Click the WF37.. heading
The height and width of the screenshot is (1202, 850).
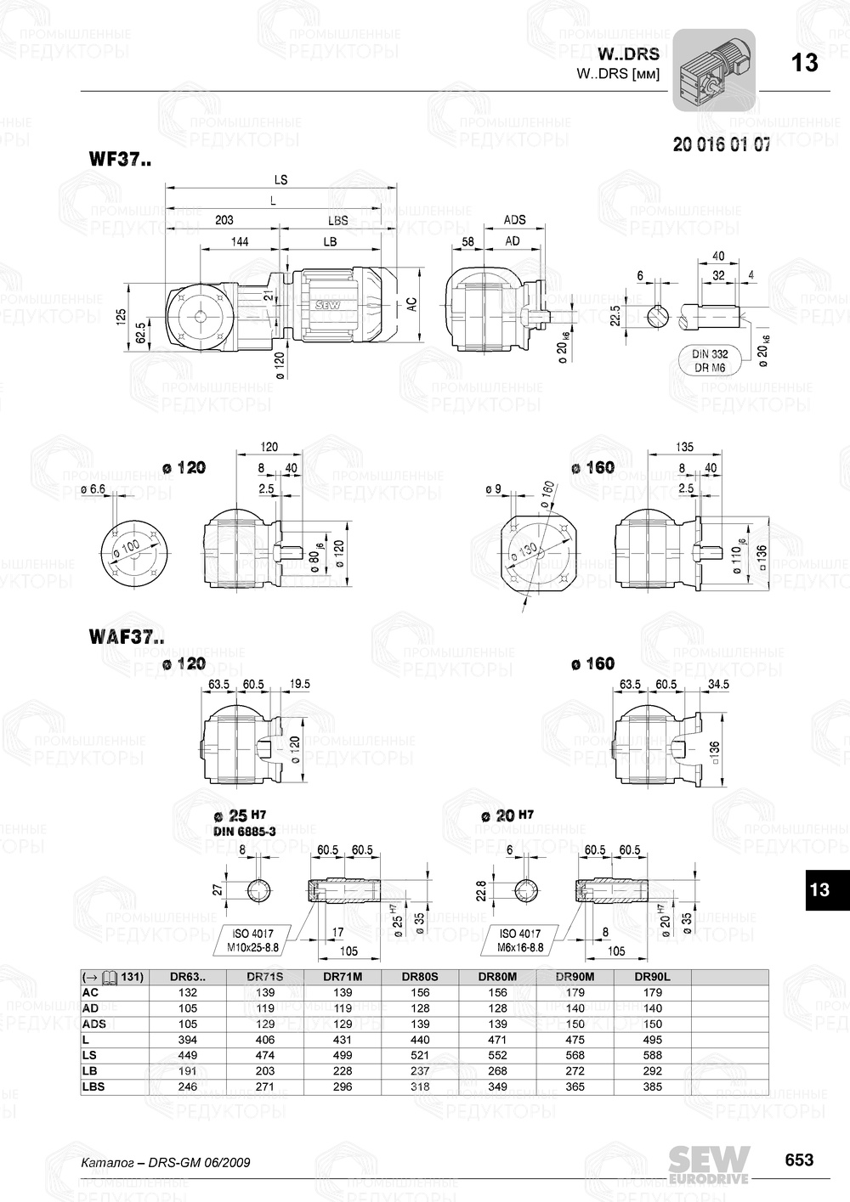(x=120, y=159)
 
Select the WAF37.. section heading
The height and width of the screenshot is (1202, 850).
(x=127, y=636)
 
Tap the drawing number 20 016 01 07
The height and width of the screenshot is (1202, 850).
(x=722, y=144)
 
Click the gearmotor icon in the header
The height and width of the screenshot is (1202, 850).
(x=714, y=70)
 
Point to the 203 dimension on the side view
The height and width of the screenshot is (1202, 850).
(x=224, y=220)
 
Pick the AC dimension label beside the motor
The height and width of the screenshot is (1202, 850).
(x=411, y=305)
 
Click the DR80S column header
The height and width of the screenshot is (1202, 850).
(x=420, y=977)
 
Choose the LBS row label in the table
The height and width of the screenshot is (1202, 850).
(x=93, y=1086)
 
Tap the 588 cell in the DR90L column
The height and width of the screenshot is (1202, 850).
(x=653, y=1055)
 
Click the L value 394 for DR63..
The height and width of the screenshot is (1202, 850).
(x=188, y=1040)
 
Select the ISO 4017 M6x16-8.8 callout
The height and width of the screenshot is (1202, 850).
(x=521, y=940)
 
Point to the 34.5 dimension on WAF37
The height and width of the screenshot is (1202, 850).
(x=718, y=684)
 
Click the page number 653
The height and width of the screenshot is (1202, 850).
(x=798, y=1160)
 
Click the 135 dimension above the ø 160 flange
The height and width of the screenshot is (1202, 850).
(x=683, y=447)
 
